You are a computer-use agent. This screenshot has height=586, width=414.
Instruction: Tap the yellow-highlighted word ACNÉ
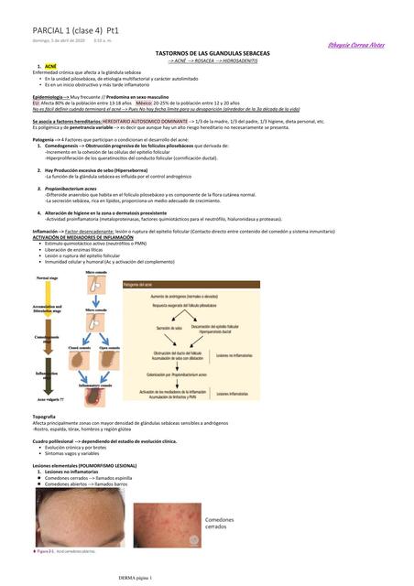pos(50,67)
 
